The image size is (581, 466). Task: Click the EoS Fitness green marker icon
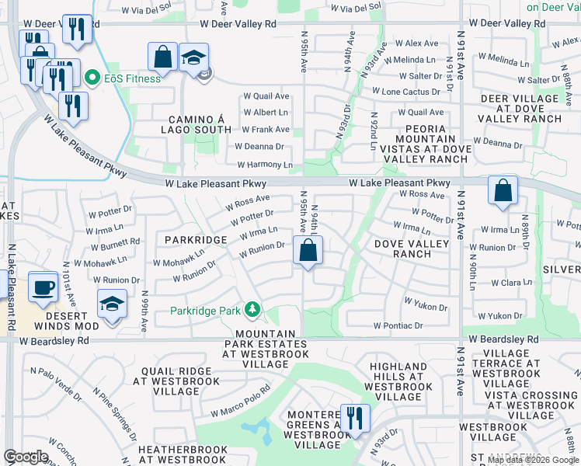92,78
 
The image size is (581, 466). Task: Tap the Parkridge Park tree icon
252,311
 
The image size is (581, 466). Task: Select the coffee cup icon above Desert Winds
43,287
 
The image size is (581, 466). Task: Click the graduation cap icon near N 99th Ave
113,303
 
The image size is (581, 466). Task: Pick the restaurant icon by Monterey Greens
355,418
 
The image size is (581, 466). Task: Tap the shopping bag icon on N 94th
308,250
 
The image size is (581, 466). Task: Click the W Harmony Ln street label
265,165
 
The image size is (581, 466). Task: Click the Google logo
26,457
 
